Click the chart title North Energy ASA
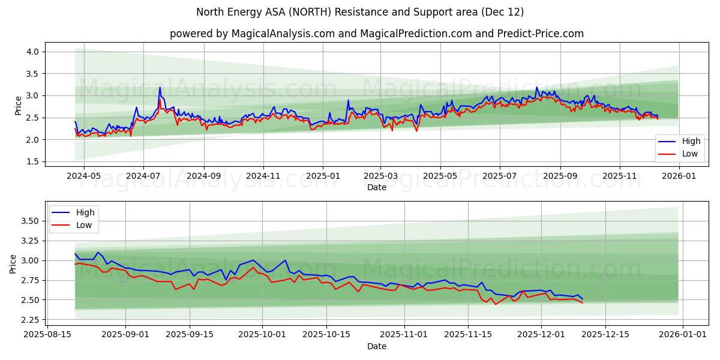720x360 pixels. pyautogui.click(x=360, y=12)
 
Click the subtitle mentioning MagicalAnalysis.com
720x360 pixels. pyautogui.click(x=376, y=34)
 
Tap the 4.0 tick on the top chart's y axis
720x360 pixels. pyautogui.click(x=32, y=52)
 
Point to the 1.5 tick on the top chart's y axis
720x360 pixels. pyautogui.click(x=32, y=161)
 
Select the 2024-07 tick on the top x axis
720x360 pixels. pyautogui.click(x=143, y=176)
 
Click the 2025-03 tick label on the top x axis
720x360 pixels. pyautogui.click(x=380, y=176)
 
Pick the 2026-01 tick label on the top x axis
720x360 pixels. pyautogui.click(x=679, y=176)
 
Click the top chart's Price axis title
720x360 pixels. pyautogui.click(x=17, y=106)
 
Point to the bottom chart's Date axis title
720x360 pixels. pyautogui.click(x=376, y=346)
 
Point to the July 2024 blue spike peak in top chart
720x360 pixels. pyautogui.click(x=160, y=88)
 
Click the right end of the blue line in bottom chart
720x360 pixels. pyautogui.click(x=582, y=299)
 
